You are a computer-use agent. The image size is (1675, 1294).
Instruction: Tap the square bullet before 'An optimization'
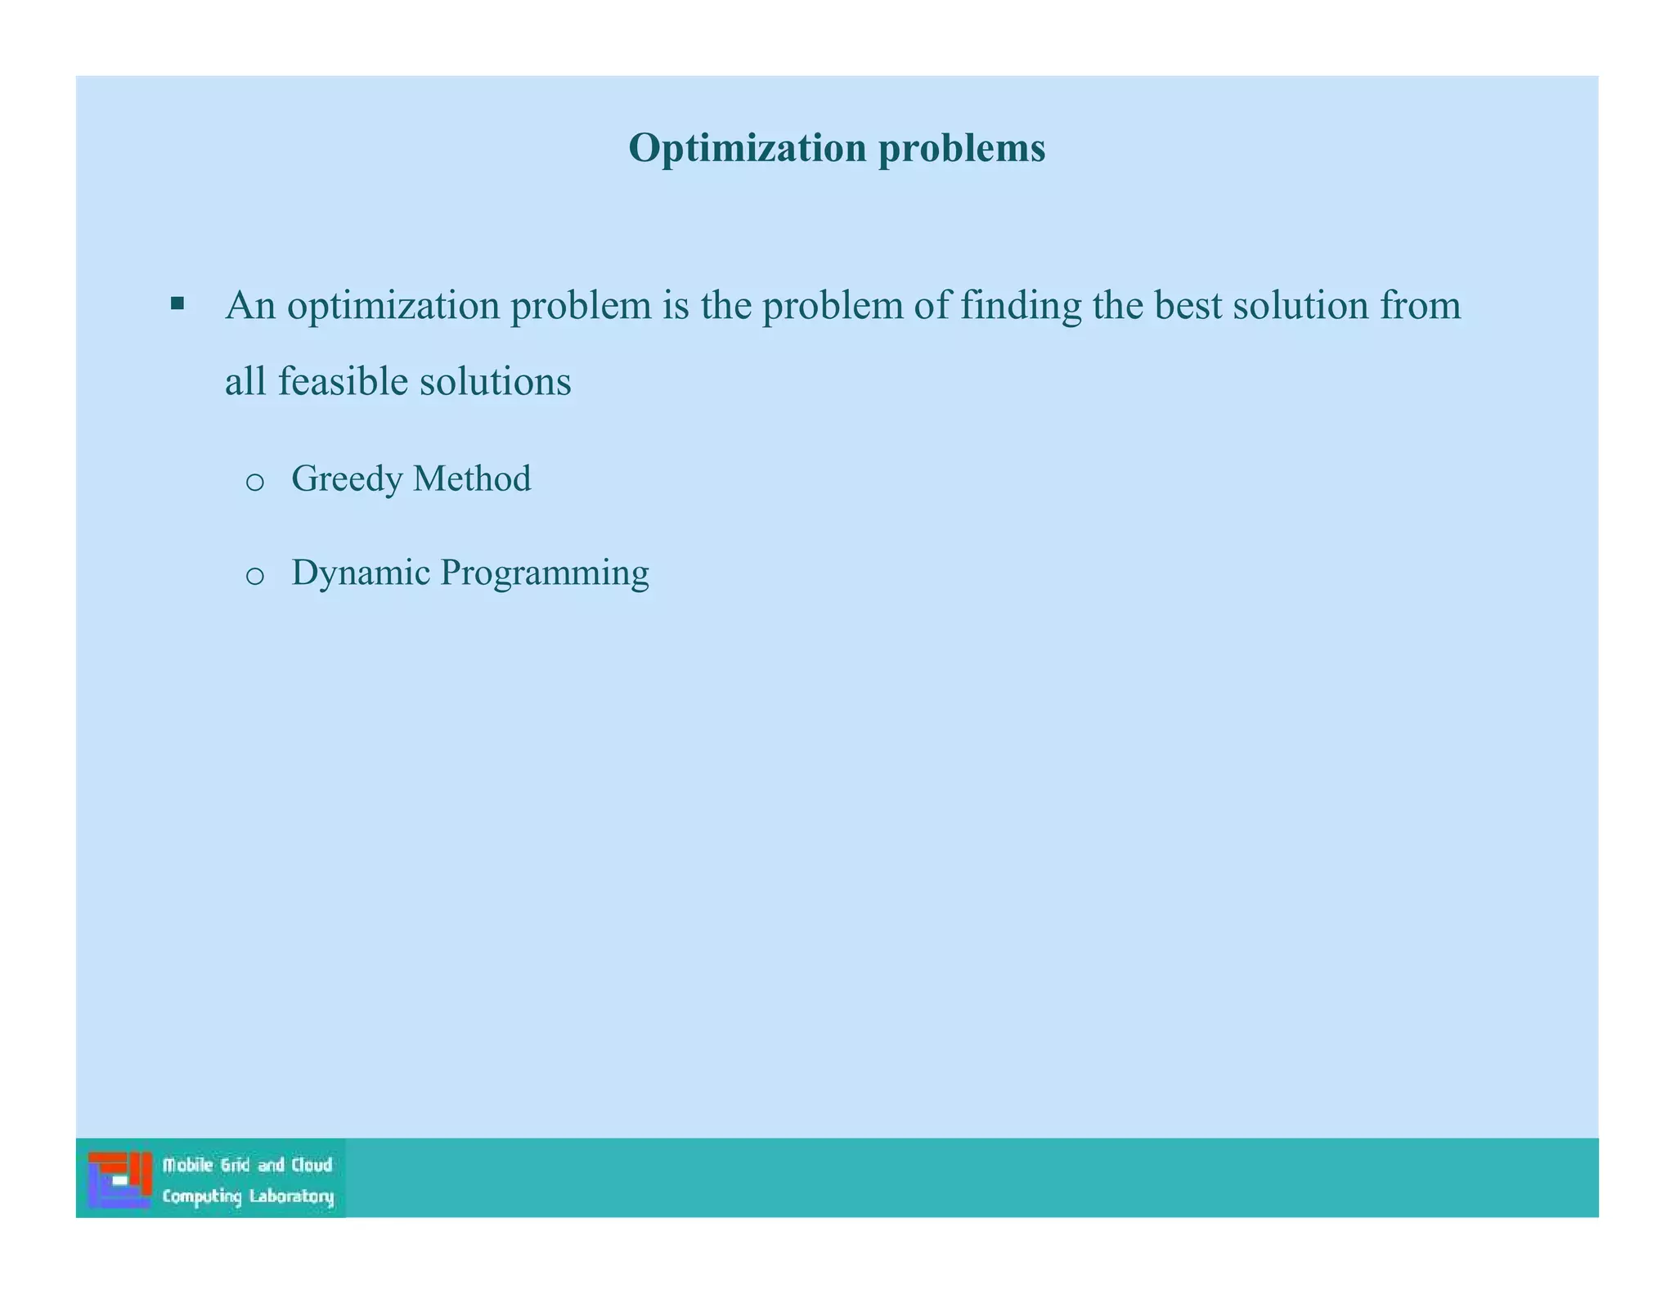pos(177,305)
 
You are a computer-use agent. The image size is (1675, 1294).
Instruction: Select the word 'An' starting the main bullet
pos(250,306)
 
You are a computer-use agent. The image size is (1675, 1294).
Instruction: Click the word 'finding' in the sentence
pos(1020,306)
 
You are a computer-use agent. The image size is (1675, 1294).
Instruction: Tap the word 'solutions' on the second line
pos(495,382)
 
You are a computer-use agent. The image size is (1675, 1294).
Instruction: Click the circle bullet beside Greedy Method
pos(254,482)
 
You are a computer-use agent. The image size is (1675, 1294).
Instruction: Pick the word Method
pos(472,479)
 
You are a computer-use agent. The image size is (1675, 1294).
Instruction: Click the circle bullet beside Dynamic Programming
pos(254,576)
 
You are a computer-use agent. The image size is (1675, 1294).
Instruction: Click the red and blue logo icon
pos(119,1179)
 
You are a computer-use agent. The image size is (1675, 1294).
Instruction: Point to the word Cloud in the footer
pos(312,1165)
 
